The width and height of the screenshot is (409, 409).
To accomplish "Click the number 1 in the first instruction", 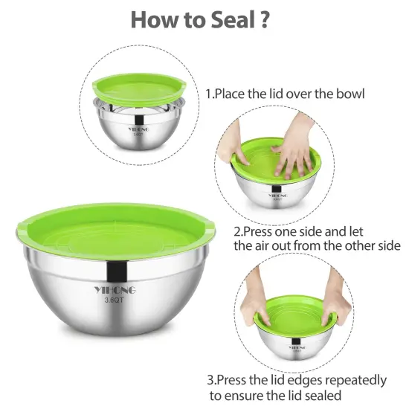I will point(209,95).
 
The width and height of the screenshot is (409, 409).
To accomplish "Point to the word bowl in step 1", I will point(349,95).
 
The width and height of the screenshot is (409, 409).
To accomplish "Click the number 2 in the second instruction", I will point(237,231).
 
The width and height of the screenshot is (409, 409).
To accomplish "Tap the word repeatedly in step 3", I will point(355,381).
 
